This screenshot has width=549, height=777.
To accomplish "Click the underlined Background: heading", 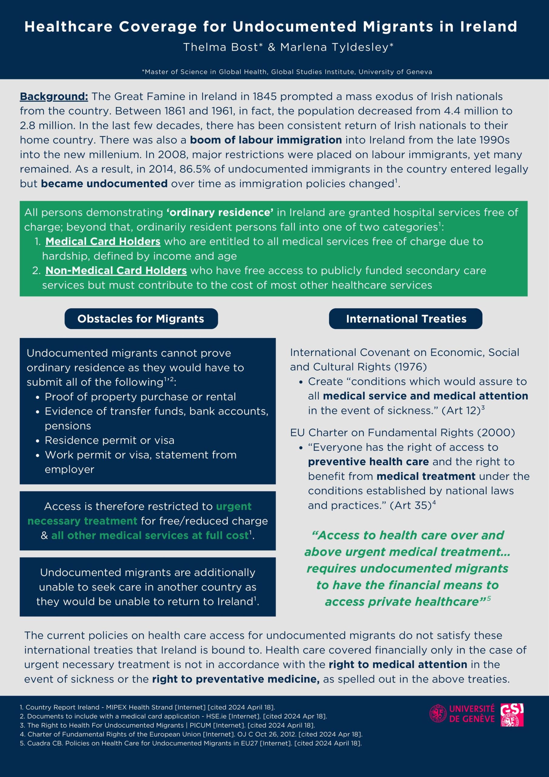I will [54, 97].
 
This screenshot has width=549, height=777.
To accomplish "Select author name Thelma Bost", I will [223, 47].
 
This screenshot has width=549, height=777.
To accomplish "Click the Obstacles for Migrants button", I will [141, 319].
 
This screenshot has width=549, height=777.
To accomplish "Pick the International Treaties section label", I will [406, 319].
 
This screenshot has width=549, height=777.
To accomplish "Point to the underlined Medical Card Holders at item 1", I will [103, 241].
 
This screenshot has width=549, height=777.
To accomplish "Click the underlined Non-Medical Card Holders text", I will [116, 270].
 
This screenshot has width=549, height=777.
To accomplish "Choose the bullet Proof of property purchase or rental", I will [140, 397].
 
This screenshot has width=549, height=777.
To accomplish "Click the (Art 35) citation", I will [410, 505].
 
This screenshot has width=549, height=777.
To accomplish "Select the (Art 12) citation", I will [463, 410].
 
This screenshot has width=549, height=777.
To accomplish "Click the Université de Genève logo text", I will [472, 713].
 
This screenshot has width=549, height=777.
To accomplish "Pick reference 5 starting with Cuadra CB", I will [190, 743].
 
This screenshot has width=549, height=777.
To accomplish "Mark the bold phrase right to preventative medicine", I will [236, 679].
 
